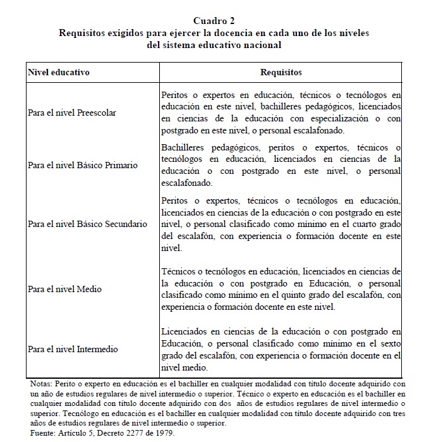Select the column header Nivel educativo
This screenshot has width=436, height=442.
tap(59, 72)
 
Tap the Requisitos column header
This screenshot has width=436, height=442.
tap(281, 72)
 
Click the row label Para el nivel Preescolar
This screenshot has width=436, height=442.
tap(71, 113)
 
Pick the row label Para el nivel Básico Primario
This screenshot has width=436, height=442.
tap(83, 164)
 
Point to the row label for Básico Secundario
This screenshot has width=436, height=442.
tap(87, 224)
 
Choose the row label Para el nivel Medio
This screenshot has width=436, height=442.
tap(64, 289)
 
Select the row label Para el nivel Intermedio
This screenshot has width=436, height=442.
tap(73, 349)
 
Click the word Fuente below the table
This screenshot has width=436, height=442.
tap(43, 433)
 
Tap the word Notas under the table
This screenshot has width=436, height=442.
tap(41, 384)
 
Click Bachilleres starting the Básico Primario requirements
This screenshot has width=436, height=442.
tap(183, 147)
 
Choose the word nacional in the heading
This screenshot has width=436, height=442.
tap(262, 45)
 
